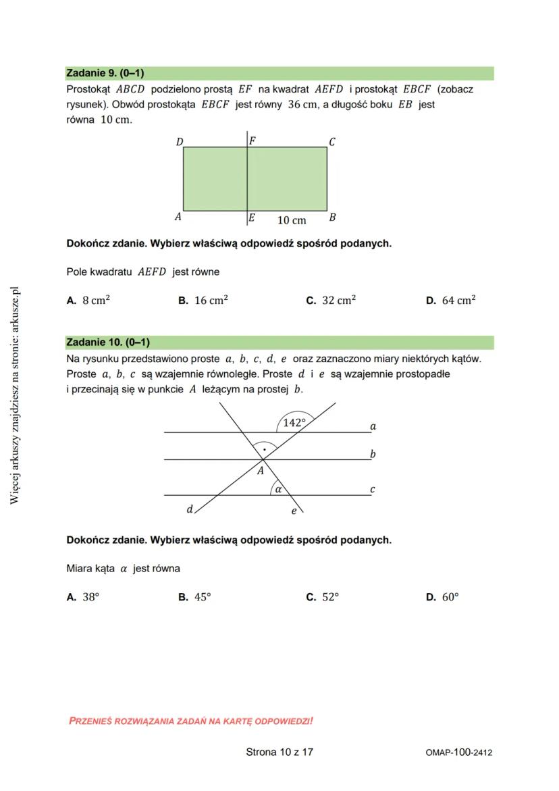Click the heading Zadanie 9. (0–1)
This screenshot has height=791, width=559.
[105, 73]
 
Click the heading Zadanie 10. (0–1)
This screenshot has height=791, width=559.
[108, 342]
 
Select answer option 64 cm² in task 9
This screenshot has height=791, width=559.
[458, 301]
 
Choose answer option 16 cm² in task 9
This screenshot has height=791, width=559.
[211, 301]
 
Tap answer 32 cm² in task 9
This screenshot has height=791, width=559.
[338, 301]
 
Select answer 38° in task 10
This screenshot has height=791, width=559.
[90, 597]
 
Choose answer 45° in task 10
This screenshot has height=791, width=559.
[203, 597]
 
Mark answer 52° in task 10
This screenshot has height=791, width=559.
[330, 597]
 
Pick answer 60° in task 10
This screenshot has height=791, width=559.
[450, 597]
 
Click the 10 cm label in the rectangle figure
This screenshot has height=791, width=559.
[292, 220]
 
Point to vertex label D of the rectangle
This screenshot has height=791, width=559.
[180, 142]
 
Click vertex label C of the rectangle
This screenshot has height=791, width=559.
[332, 142]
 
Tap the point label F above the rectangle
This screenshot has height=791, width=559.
[252, 141]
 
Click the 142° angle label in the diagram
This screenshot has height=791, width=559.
[294, 423]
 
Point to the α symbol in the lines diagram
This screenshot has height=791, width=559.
[277, 488]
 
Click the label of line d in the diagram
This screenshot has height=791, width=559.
[190, 509]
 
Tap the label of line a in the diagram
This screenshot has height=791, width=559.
[373, 426]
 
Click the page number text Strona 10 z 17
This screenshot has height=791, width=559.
[279, 752]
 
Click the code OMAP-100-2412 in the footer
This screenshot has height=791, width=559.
[458, 752]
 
